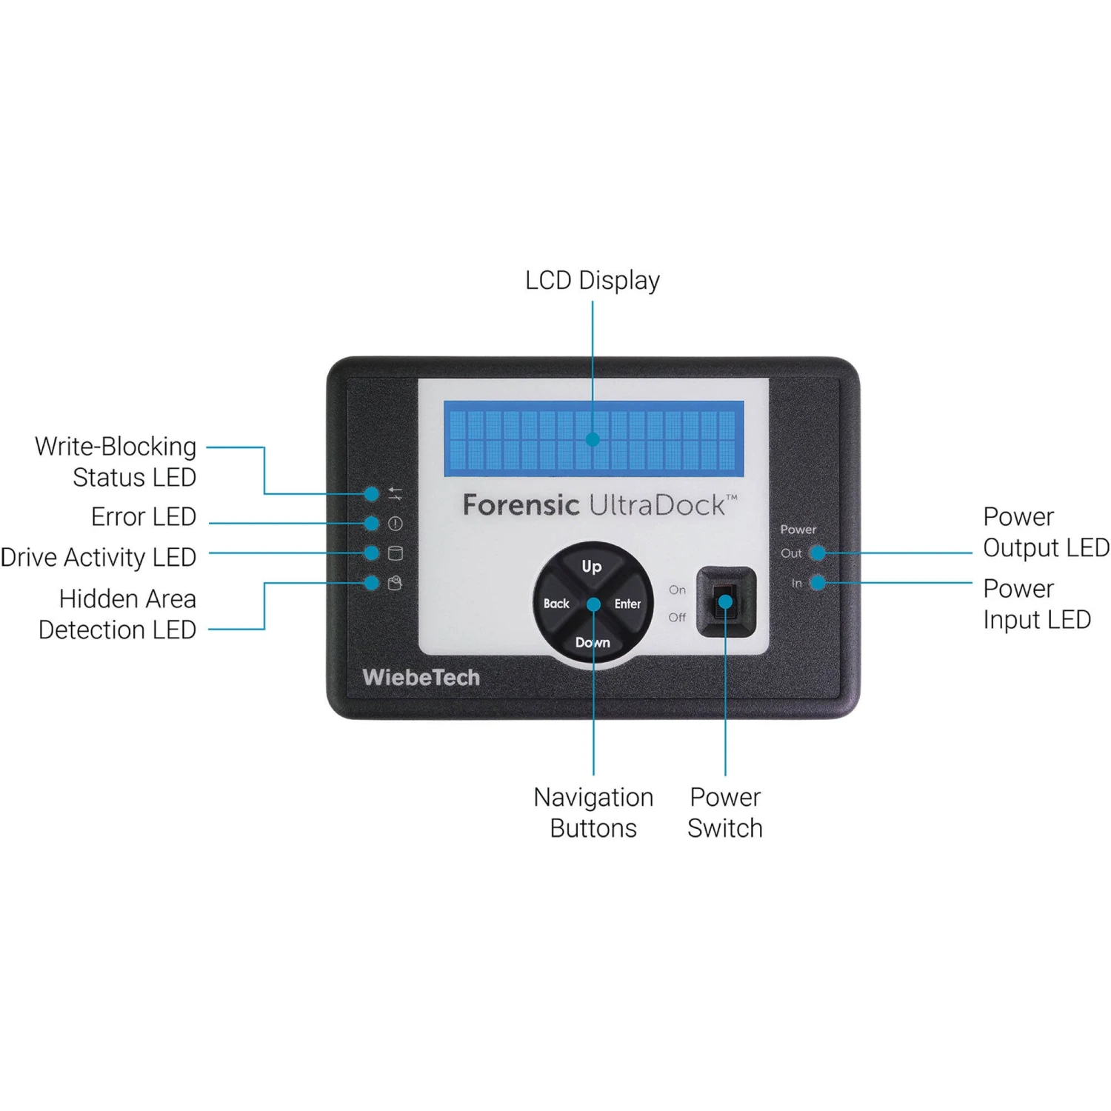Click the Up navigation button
[x=591, y=567]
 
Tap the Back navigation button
[x=556, y=604]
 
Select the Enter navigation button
[x=627, y=604]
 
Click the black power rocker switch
[x=726, y=601]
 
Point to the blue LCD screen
[x=593, y=438]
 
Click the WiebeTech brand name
[x=421, y=677]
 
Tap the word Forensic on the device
[x=521, y=505]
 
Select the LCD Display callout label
[x=593, y=280]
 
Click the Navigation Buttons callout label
[x=593, y=813]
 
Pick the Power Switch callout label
[x=725, y=813]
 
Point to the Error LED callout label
[x=144, y=516]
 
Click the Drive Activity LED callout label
[x=99, y=557]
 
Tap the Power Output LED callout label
[x=1045, y=532]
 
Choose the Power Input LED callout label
[x=1036, y=604]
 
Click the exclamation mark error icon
[x=396, y=524]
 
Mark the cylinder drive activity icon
[x=396, y=553]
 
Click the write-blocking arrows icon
[x=396, y=493]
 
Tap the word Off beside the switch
[x=677, y=617]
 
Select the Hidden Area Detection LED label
[x=118, y=614]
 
